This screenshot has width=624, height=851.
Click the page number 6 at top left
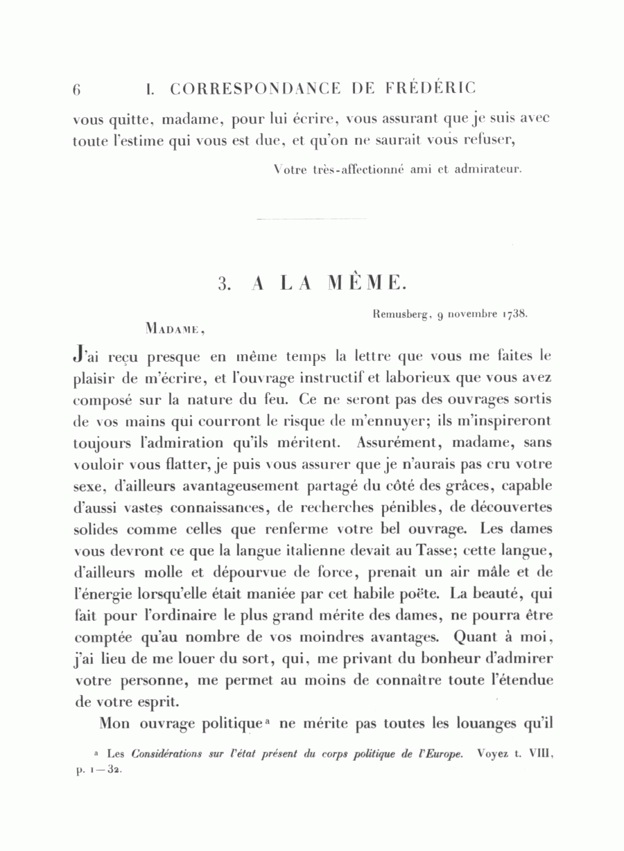[77, 89]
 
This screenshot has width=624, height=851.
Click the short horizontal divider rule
[311, 219]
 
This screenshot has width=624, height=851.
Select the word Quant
[476, 636]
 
